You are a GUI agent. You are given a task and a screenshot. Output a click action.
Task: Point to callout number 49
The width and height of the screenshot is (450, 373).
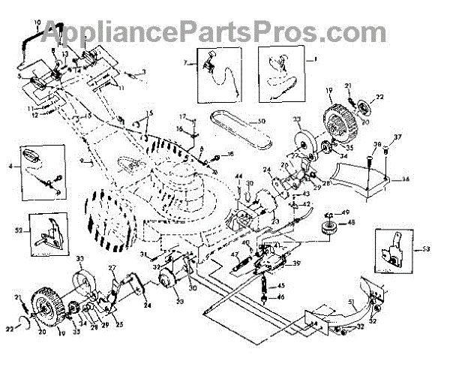tap(346, 213)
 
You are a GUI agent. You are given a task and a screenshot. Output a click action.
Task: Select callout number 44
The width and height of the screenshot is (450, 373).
tap(238, 178)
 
